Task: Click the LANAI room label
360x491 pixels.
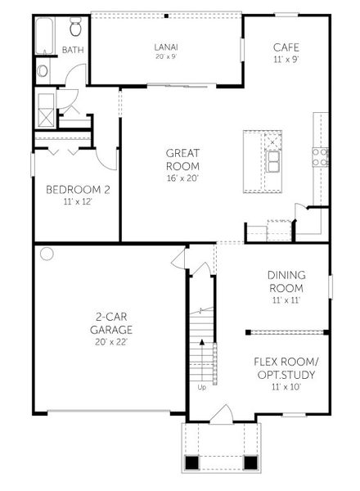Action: tap(166, 47)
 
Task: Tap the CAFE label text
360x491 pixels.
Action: tap(286, 48)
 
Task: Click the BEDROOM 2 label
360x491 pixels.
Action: tap(78, 191)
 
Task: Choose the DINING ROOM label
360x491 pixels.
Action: tap(286, 282)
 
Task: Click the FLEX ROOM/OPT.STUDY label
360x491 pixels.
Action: tap(285, 367)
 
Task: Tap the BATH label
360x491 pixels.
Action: tap(72, 51)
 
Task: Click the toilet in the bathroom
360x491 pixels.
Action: tap(76, 29)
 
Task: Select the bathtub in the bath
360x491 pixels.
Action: tap(44, 35)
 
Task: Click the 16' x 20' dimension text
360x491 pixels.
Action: tap(182, 178)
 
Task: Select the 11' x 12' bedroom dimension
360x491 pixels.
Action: tap(78, 202)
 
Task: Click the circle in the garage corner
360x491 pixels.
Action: tap(47, 254)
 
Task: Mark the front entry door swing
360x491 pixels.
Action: tap(220, 417)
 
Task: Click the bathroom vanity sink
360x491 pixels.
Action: tap(43, 71)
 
